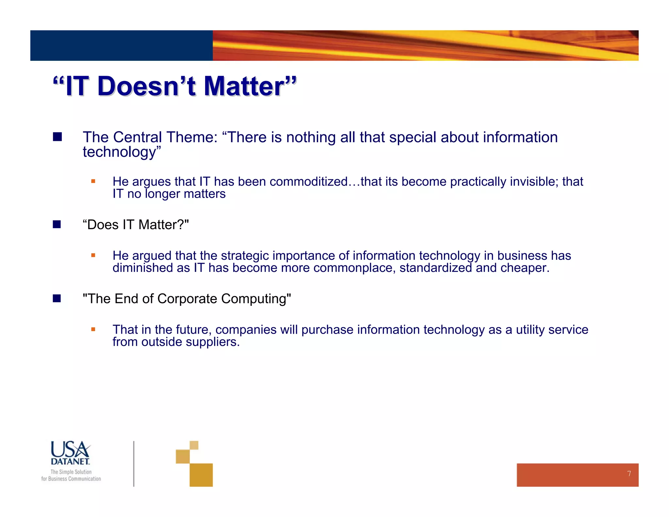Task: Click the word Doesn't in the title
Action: (146, 86)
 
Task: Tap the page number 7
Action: (629, 474)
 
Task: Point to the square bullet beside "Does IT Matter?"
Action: (57, 224)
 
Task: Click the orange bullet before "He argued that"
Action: (93, 255)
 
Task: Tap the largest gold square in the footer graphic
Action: (201, 475)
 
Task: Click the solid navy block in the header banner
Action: (121, 45)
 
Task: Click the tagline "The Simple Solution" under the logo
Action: (71, 472)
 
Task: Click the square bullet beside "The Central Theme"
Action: (57, 137)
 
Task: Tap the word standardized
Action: (435, 268)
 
